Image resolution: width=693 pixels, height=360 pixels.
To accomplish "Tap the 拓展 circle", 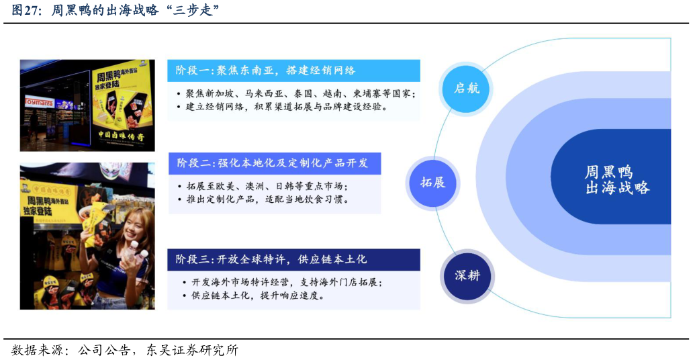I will pos(432,182).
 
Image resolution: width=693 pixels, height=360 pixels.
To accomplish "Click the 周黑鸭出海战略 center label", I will pos(616,180).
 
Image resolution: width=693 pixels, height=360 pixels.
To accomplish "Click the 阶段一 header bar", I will pos(293,71).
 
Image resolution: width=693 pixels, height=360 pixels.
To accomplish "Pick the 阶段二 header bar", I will pos(274,163).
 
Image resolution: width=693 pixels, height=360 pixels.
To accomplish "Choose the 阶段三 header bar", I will pos(293,259).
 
